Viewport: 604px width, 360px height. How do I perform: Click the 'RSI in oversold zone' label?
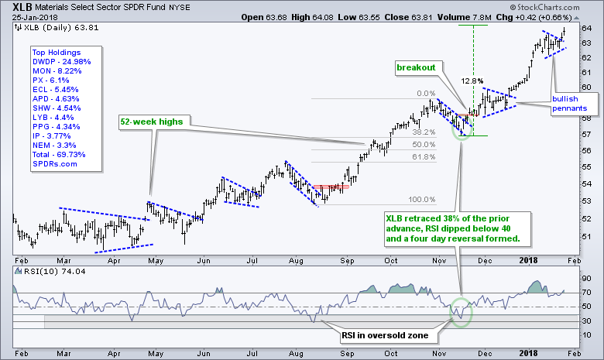coord(385,337)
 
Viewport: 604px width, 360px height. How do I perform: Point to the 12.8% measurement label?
coord(472,80)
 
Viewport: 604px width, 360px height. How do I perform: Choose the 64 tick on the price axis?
coord(586,29)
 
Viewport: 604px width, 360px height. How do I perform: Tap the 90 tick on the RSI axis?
coord(586,279)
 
